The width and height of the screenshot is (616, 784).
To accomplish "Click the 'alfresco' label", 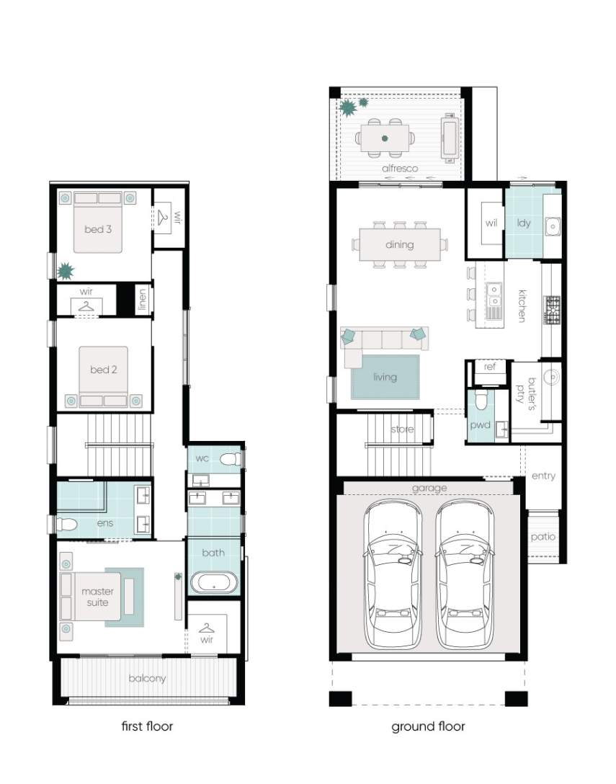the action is click(400, 169).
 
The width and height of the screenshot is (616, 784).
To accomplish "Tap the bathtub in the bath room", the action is click(213, 582).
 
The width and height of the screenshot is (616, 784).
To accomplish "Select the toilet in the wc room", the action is click(231, 459).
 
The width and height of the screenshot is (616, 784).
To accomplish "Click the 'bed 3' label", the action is click(98, 229).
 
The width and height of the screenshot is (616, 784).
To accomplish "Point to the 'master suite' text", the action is click(97, 597).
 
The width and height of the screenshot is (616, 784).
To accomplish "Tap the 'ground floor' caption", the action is click(428, 726).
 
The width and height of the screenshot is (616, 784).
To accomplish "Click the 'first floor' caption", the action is click(147, 726).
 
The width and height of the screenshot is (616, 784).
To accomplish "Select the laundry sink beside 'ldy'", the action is click(553, 226).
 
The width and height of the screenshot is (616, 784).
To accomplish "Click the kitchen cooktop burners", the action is click(552, 311).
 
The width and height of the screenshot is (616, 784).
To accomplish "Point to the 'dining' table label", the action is click(400, 244).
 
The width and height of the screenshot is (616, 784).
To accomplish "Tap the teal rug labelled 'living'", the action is click(385, 377).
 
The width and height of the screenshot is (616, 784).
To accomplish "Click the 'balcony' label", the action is click(147, 679).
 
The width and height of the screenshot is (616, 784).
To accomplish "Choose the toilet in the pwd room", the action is click(481, 399).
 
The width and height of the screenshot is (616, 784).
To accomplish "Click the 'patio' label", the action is click(543, 537).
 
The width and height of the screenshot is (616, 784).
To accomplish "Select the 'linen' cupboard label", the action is click(143, 300).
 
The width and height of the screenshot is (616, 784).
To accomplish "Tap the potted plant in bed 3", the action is click(66, 272).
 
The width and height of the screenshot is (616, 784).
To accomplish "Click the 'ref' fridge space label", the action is click(489, 367).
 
